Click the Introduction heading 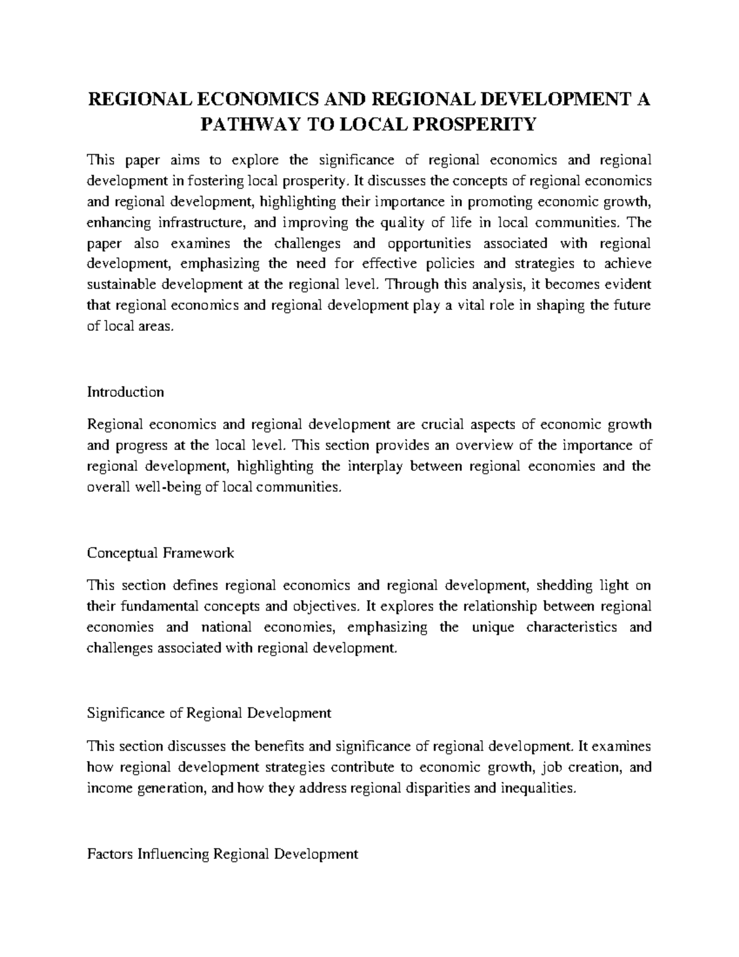(x=126, y=393)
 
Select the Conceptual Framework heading (x=161, y=553)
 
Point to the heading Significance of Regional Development (x=209, y=713)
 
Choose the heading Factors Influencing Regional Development (x=223, y=854)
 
